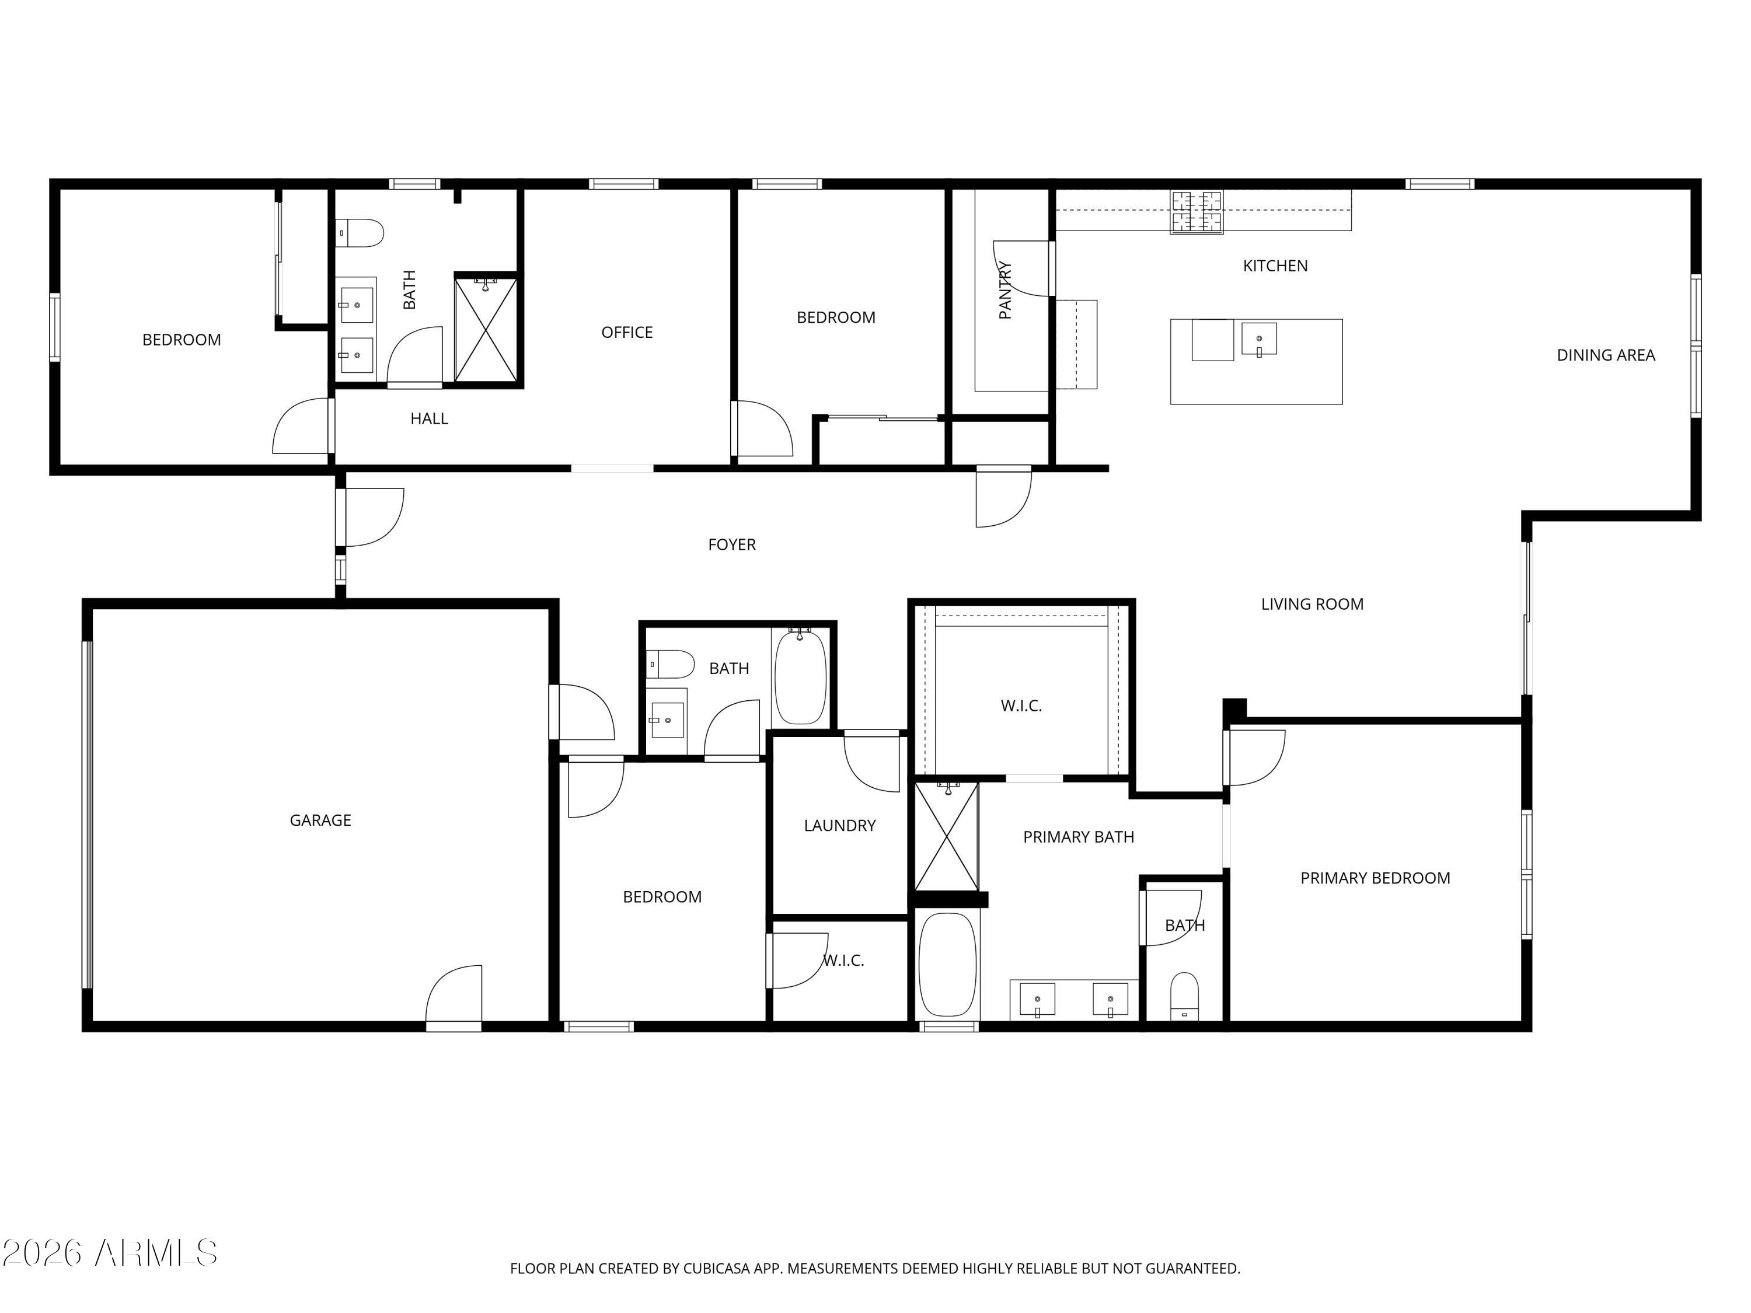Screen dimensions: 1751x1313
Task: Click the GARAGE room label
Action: [320, 820]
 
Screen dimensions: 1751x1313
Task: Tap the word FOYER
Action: [731, 544]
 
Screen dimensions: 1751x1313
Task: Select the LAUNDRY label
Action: [839, 826]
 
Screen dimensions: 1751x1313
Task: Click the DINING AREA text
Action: [1605, 355]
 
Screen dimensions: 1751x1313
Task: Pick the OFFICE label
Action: [627, 333]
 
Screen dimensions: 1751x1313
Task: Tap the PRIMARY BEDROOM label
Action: [1375, 878]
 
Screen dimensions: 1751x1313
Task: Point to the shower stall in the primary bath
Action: [947, 837]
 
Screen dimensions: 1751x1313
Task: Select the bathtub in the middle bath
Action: [800, 675]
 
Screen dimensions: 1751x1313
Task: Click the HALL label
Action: [429, 418]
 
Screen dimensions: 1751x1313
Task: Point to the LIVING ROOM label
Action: [1311, 605]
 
